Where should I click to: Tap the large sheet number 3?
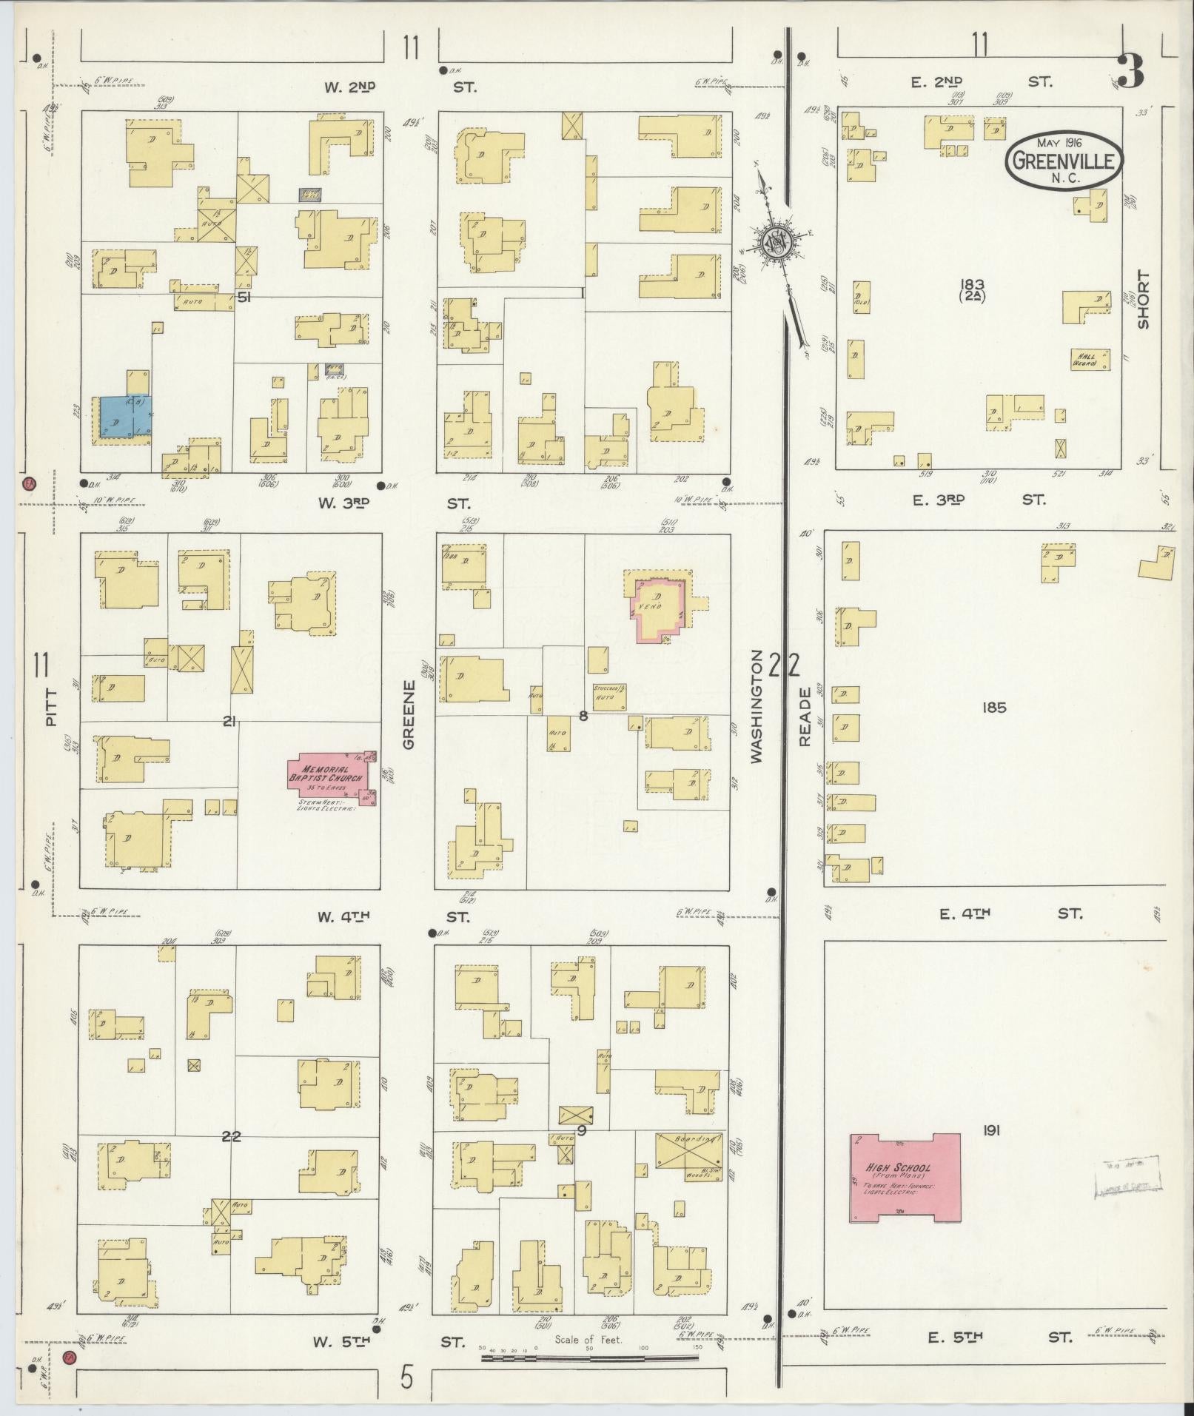(1130, 72)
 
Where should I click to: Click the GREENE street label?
(409, 714)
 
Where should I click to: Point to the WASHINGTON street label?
(756, 706)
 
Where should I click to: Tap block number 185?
(993, 707)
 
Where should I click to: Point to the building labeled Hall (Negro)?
(1090, 359)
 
